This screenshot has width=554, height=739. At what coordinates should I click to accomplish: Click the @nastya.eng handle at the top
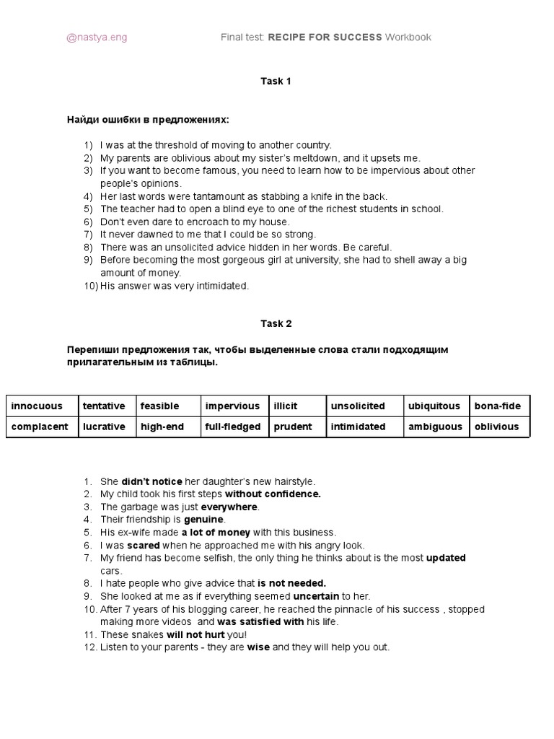[x=97, y=38]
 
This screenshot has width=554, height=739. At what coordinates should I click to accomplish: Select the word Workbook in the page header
[x=408, y=38]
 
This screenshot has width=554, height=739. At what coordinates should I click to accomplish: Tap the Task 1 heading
[x=276, y=82]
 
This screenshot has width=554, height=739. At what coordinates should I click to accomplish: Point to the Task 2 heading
[x=276, y=324]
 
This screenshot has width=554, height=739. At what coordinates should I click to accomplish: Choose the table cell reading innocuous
[x=37, y=406]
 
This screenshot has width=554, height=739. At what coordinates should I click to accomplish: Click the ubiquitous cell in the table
[x=434, y=406]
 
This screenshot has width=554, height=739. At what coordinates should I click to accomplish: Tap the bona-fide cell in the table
[x=497, y=406]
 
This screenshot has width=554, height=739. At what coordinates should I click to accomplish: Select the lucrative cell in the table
[x=104, y=427]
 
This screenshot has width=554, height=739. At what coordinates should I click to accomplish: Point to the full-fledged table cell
[x=232, y=427]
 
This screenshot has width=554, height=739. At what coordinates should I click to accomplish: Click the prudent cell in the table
[x=293, y=427]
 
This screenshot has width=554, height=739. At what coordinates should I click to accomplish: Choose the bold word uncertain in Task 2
[x=316, y=597]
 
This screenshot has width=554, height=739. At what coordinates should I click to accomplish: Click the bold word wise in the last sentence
[x=258, y=647]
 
